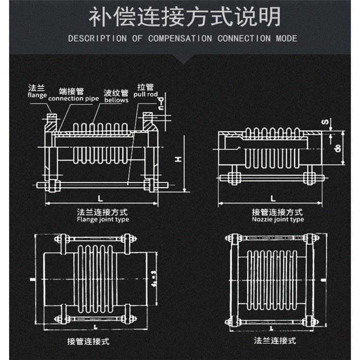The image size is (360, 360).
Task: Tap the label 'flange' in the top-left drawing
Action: click(37, 95)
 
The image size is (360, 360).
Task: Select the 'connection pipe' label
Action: click(74, 98)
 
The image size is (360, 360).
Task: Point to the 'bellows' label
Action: click(116, 100)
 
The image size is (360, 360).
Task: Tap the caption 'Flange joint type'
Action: click(103, 219)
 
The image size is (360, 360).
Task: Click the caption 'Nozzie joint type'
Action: click(277, 219)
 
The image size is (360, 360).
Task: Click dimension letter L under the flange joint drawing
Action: click(100, 198)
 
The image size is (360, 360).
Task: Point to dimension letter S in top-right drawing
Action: click(324, 122)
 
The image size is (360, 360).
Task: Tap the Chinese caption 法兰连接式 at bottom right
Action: click(275, 341)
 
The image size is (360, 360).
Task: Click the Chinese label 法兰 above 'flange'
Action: click(36, 88)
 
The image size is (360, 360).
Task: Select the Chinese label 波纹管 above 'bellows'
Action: click(116, 93)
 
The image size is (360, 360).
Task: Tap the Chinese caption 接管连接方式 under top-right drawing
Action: click(277, 212)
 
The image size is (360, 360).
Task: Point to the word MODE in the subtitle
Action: click(286, 38)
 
